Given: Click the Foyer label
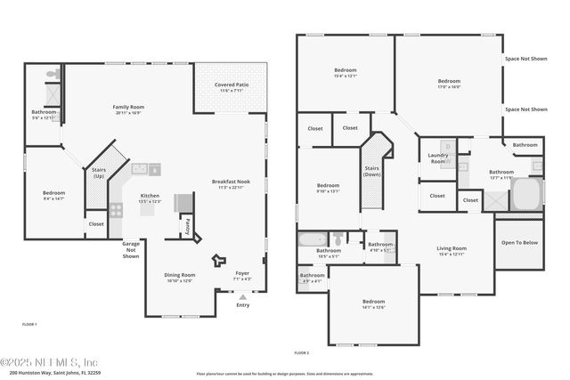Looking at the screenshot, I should (x=242, y=275).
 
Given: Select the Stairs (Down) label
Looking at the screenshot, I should (x=372, y=170).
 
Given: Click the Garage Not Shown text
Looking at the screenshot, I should (x=131, y=250).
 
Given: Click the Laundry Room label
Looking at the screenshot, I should (x=438, y=158).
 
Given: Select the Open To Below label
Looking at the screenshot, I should (x=518, y=242).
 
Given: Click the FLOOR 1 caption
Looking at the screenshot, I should (x=29, y=325).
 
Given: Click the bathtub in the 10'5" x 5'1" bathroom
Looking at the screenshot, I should (x=312, y=239).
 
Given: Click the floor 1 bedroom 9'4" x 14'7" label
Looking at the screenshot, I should (x=54, y=196).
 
